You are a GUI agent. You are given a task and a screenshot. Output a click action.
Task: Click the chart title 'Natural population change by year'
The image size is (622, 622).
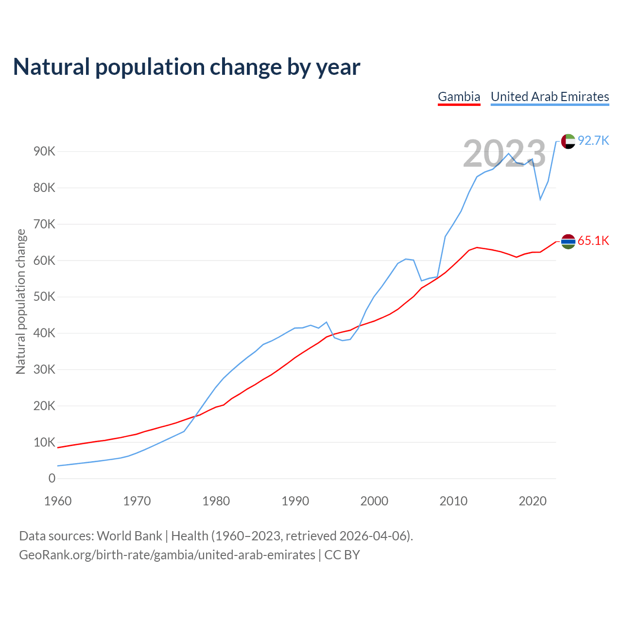coord(187,67)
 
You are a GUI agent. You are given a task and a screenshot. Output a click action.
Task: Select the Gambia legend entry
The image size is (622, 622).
coord(459,97)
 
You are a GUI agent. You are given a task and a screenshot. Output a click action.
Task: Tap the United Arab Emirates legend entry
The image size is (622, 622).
coord(550,97)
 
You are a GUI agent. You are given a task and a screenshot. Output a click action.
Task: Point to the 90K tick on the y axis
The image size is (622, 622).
coord(45,152)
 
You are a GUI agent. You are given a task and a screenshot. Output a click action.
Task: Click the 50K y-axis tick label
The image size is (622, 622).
coord(45,297)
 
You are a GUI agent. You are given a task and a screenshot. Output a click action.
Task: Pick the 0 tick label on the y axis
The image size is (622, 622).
coord(52,479)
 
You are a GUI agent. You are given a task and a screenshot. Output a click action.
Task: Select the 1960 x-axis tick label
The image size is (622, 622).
coord(58,501)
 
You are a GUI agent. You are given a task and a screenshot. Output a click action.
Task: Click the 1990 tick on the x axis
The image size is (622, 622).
coord(295,501)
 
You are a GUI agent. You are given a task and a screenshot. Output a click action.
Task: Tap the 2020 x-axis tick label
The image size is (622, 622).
coord(533,501)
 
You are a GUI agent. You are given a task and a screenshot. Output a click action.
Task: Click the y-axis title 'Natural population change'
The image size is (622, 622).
coord(21,302)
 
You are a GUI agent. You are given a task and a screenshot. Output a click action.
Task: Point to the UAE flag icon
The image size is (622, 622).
coord(568,141)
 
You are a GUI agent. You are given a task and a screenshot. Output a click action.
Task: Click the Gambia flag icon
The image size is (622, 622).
coord(568,242)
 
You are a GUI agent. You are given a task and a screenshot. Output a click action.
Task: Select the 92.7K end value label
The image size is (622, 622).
coord(593,141)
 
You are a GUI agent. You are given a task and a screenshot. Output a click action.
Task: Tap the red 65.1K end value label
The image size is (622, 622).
coord(593,241)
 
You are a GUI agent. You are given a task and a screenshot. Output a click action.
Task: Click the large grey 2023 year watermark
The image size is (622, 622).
coord(504,154)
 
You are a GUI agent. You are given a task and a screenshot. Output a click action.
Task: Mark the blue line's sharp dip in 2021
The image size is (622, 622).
coord(540,199)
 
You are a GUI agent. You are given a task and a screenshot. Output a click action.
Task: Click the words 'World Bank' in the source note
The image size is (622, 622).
coord(129,536)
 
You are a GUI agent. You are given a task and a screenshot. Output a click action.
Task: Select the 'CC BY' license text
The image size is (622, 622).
coord(342,555)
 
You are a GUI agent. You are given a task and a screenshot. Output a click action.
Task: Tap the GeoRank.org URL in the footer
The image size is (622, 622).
coord(167,555)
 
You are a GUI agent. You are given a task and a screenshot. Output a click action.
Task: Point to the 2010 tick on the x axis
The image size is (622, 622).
coord(453,501)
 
